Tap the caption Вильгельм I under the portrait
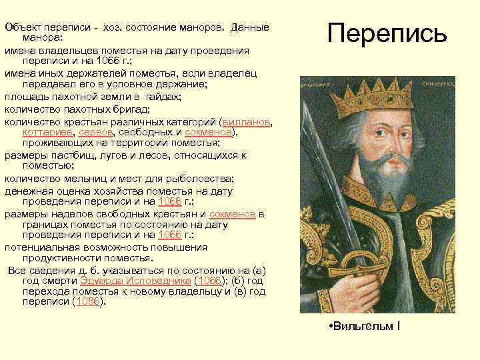point(368,327)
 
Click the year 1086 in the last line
point(89,301)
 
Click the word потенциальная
point(43,248)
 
